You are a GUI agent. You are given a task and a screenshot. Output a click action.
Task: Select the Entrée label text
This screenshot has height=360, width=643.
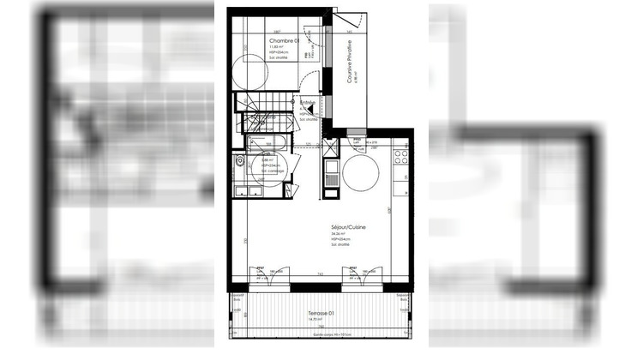[x=307, y=103]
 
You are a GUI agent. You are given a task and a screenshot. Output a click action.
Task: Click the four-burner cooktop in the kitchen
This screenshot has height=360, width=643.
[x=400, y=157]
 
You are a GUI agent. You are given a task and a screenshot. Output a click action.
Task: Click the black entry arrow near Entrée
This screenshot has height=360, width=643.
[x=303, y=111]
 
